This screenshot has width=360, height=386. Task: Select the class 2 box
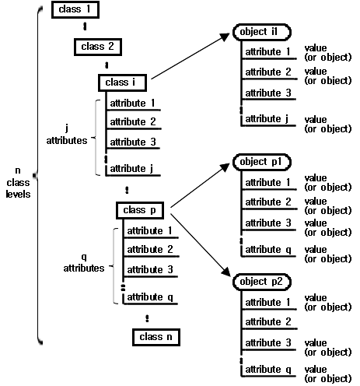(x=99, y=47)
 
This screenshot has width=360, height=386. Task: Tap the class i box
(x=122, y=82)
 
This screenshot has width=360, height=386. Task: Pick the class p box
(x=142, y=210)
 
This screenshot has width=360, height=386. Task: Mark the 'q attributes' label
(x=84, y=262)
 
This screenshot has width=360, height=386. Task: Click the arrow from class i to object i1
(x=190, y=56)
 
